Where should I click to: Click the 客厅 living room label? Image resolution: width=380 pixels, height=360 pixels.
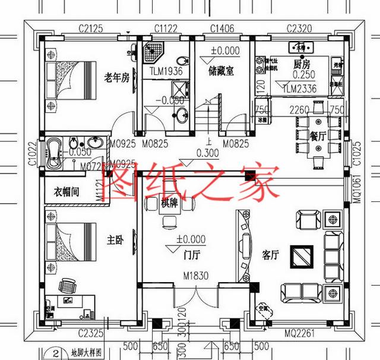pos(270,256)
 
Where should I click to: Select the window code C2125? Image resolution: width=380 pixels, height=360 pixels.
pos(92,27)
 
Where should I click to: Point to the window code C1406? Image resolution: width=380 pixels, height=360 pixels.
pos(222,27)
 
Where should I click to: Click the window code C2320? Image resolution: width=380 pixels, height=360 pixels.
pos(299,27)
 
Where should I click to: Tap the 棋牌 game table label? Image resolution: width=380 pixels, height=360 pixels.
pos(169,203)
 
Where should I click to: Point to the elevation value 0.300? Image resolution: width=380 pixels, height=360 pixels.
pos(207,153)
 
